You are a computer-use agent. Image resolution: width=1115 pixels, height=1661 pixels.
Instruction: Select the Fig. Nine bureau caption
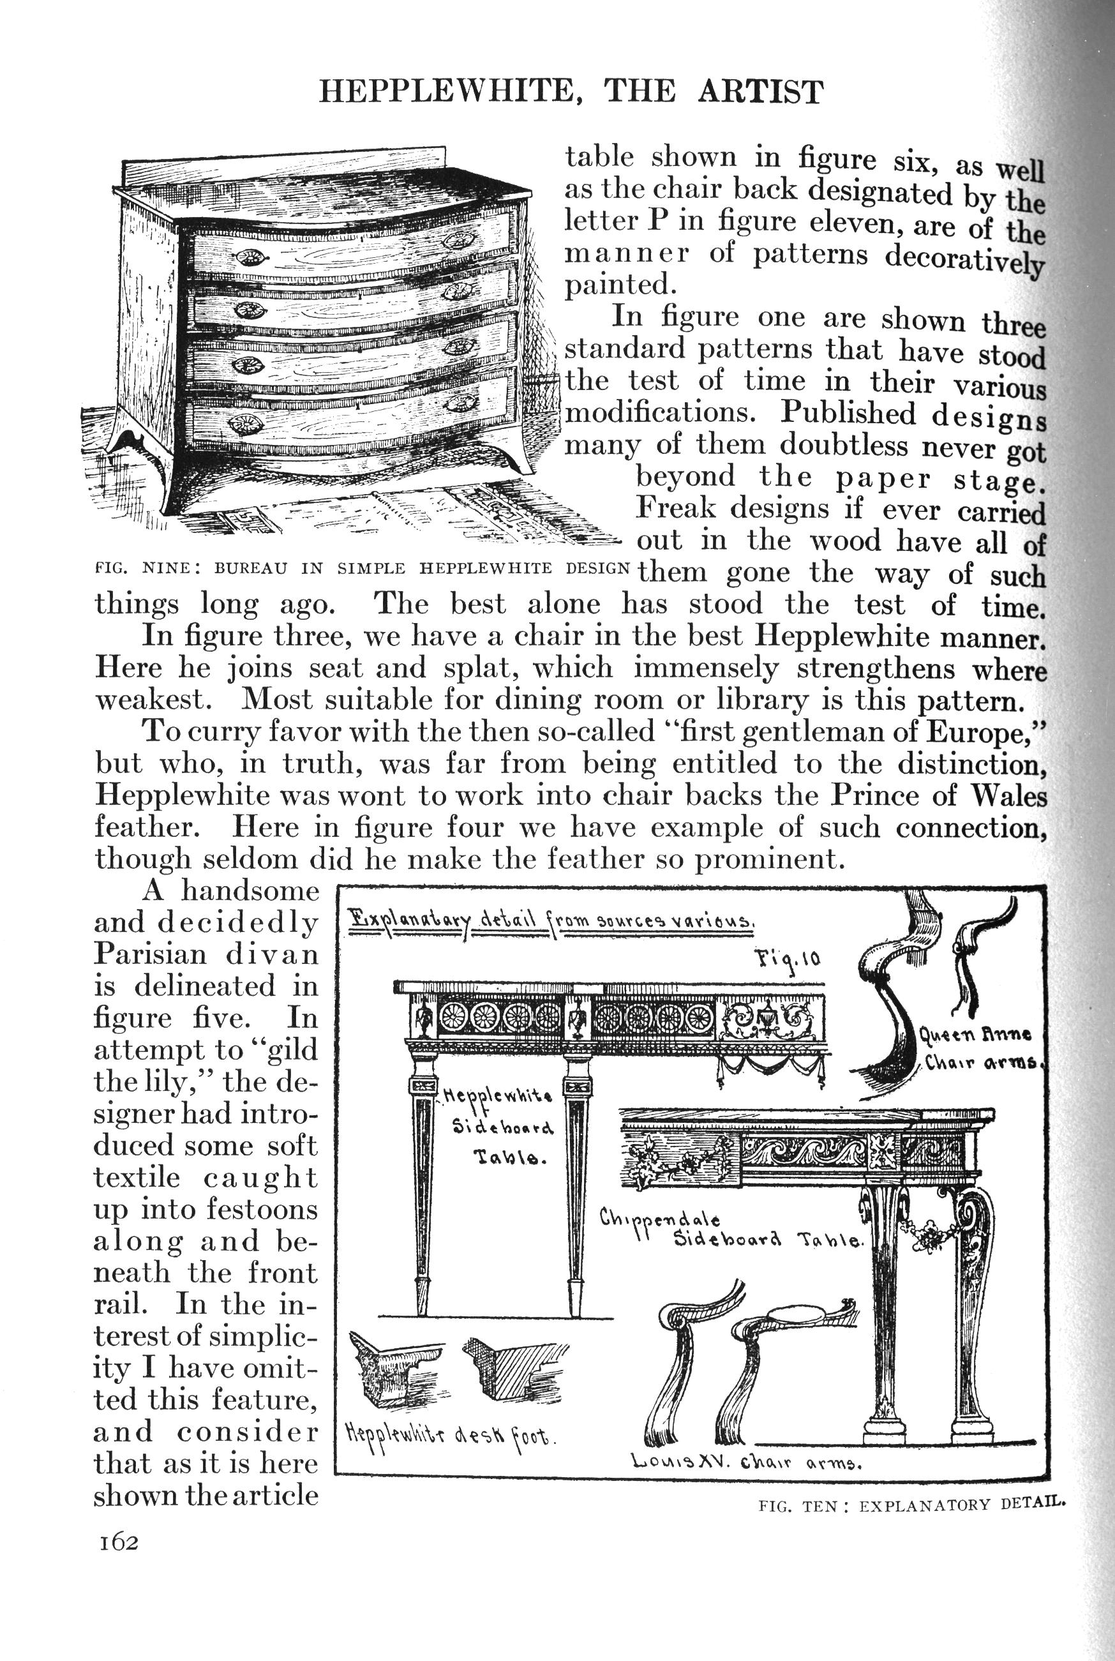coord(362,568)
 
